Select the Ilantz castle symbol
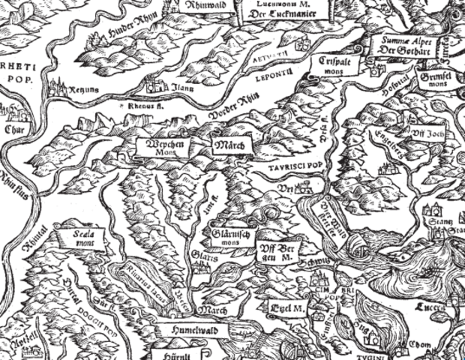click(157, 84)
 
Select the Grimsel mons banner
click(439, 80)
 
